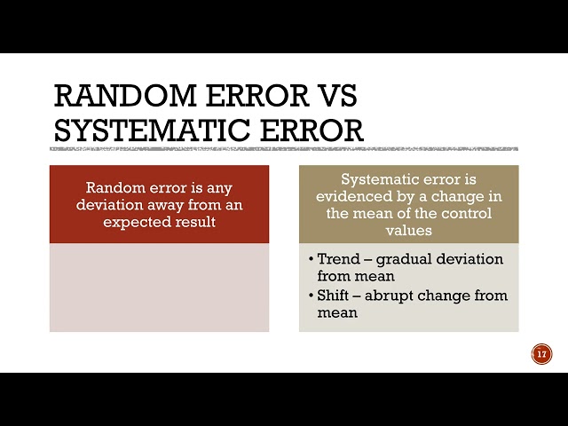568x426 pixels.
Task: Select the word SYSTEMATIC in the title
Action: [x=152, y=130]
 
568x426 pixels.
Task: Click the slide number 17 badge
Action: [x=541, y=354]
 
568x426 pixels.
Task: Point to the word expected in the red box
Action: [x=136, y=222]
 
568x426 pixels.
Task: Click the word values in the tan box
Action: [x=409, y=231]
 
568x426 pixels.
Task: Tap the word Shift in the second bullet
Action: [x=332, y=296]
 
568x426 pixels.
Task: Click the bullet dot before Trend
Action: [x=311, y=259]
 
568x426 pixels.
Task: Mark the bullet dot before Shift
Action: [x=311, y=296]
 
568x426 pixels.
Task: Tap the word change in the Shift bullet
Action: [x=444, y=296]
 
